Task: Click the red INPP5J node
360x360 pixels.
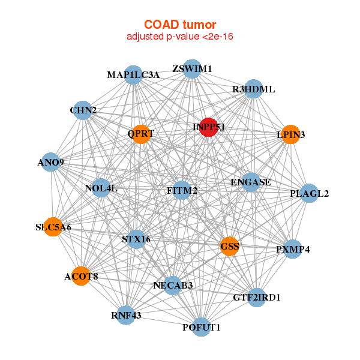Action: click(208, 127)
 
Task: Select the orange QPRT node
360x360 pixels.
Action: click(142, 134)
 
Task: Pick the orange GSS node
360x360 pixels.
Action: click(230, 246)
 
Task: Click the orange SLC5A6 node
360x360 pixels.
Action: click(53, 227)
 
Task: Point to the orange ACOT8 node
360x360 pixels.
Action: click(81, 276)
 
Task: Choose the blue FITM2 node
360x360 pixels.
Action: click(182, 191)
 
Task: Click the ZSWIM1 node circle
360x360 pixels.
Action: click(192, 69)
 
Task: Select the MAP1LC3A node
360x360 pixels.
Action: click(133, 75)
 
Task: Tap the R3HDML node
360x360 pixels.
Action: click(254, 89)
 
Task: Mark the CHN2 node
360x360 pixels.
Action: click(83, 110)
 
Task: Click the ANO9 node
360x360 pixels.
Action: click(51, 163)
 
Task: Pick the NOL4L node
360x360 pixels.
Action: click(101, 188)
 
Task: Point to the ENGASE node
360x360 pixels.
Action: click(251, 182)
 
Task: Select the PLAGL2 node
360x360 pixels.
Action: click(309, 194)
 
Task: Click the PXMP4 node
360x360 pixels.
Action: click(293, 249)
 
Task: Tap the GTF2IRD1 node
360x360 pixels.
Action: click(257, 297)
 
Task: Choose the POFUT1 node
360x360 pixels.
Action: click(202, 327)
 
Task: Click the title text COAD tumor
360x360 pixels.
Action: click(179, 25)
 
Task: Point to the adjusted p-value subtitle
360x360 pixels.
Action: click(179, 37)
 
